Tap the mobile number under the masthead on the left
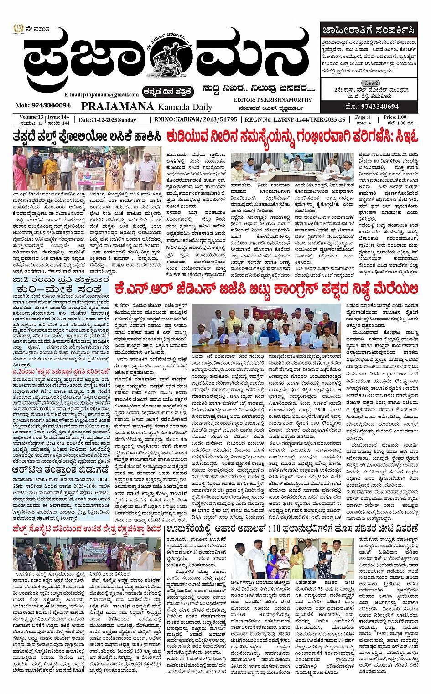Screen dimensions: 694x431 pyautogui.click(x=43, y=106)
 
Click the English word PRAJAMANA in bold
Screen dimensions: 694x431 pyautogui.click(x=118, y=106)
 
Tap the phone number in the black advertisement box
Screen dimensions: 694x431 pyautogui.click(x=372, y=107)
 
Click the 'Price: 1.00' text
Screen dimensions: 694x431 pyautogui.click(x=396, y=117)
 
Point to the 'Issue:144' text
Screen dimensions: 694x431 pyautogui.click(x=58, y=117)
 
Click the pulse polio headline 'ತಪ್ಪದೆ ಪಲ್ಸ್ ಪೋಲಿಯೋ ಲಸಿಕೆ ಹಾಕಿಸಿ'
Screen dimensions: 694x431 pyautogui.click(x=87, y=137)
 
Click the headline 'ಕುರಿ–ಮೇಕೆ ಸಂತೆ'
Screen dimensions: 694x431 pyautogui.click(x=61, y=290)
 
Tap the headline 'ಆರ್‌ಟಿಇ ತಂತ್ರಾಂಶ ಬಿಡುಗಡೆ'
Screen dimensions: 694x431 pyautogui.click(x=61, y=469)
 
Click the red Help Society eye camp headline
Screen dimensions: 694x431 pyautogui.click(x=87, y=529)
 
